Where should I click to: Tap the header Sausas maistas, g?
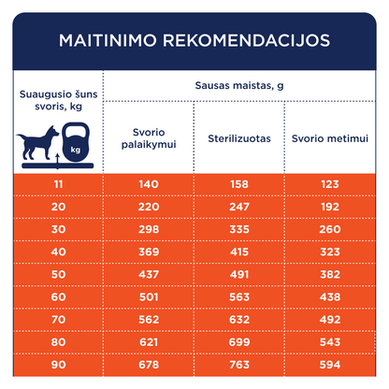coord(239,86)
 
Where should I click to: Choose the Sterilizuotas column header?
coord(239,138)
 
